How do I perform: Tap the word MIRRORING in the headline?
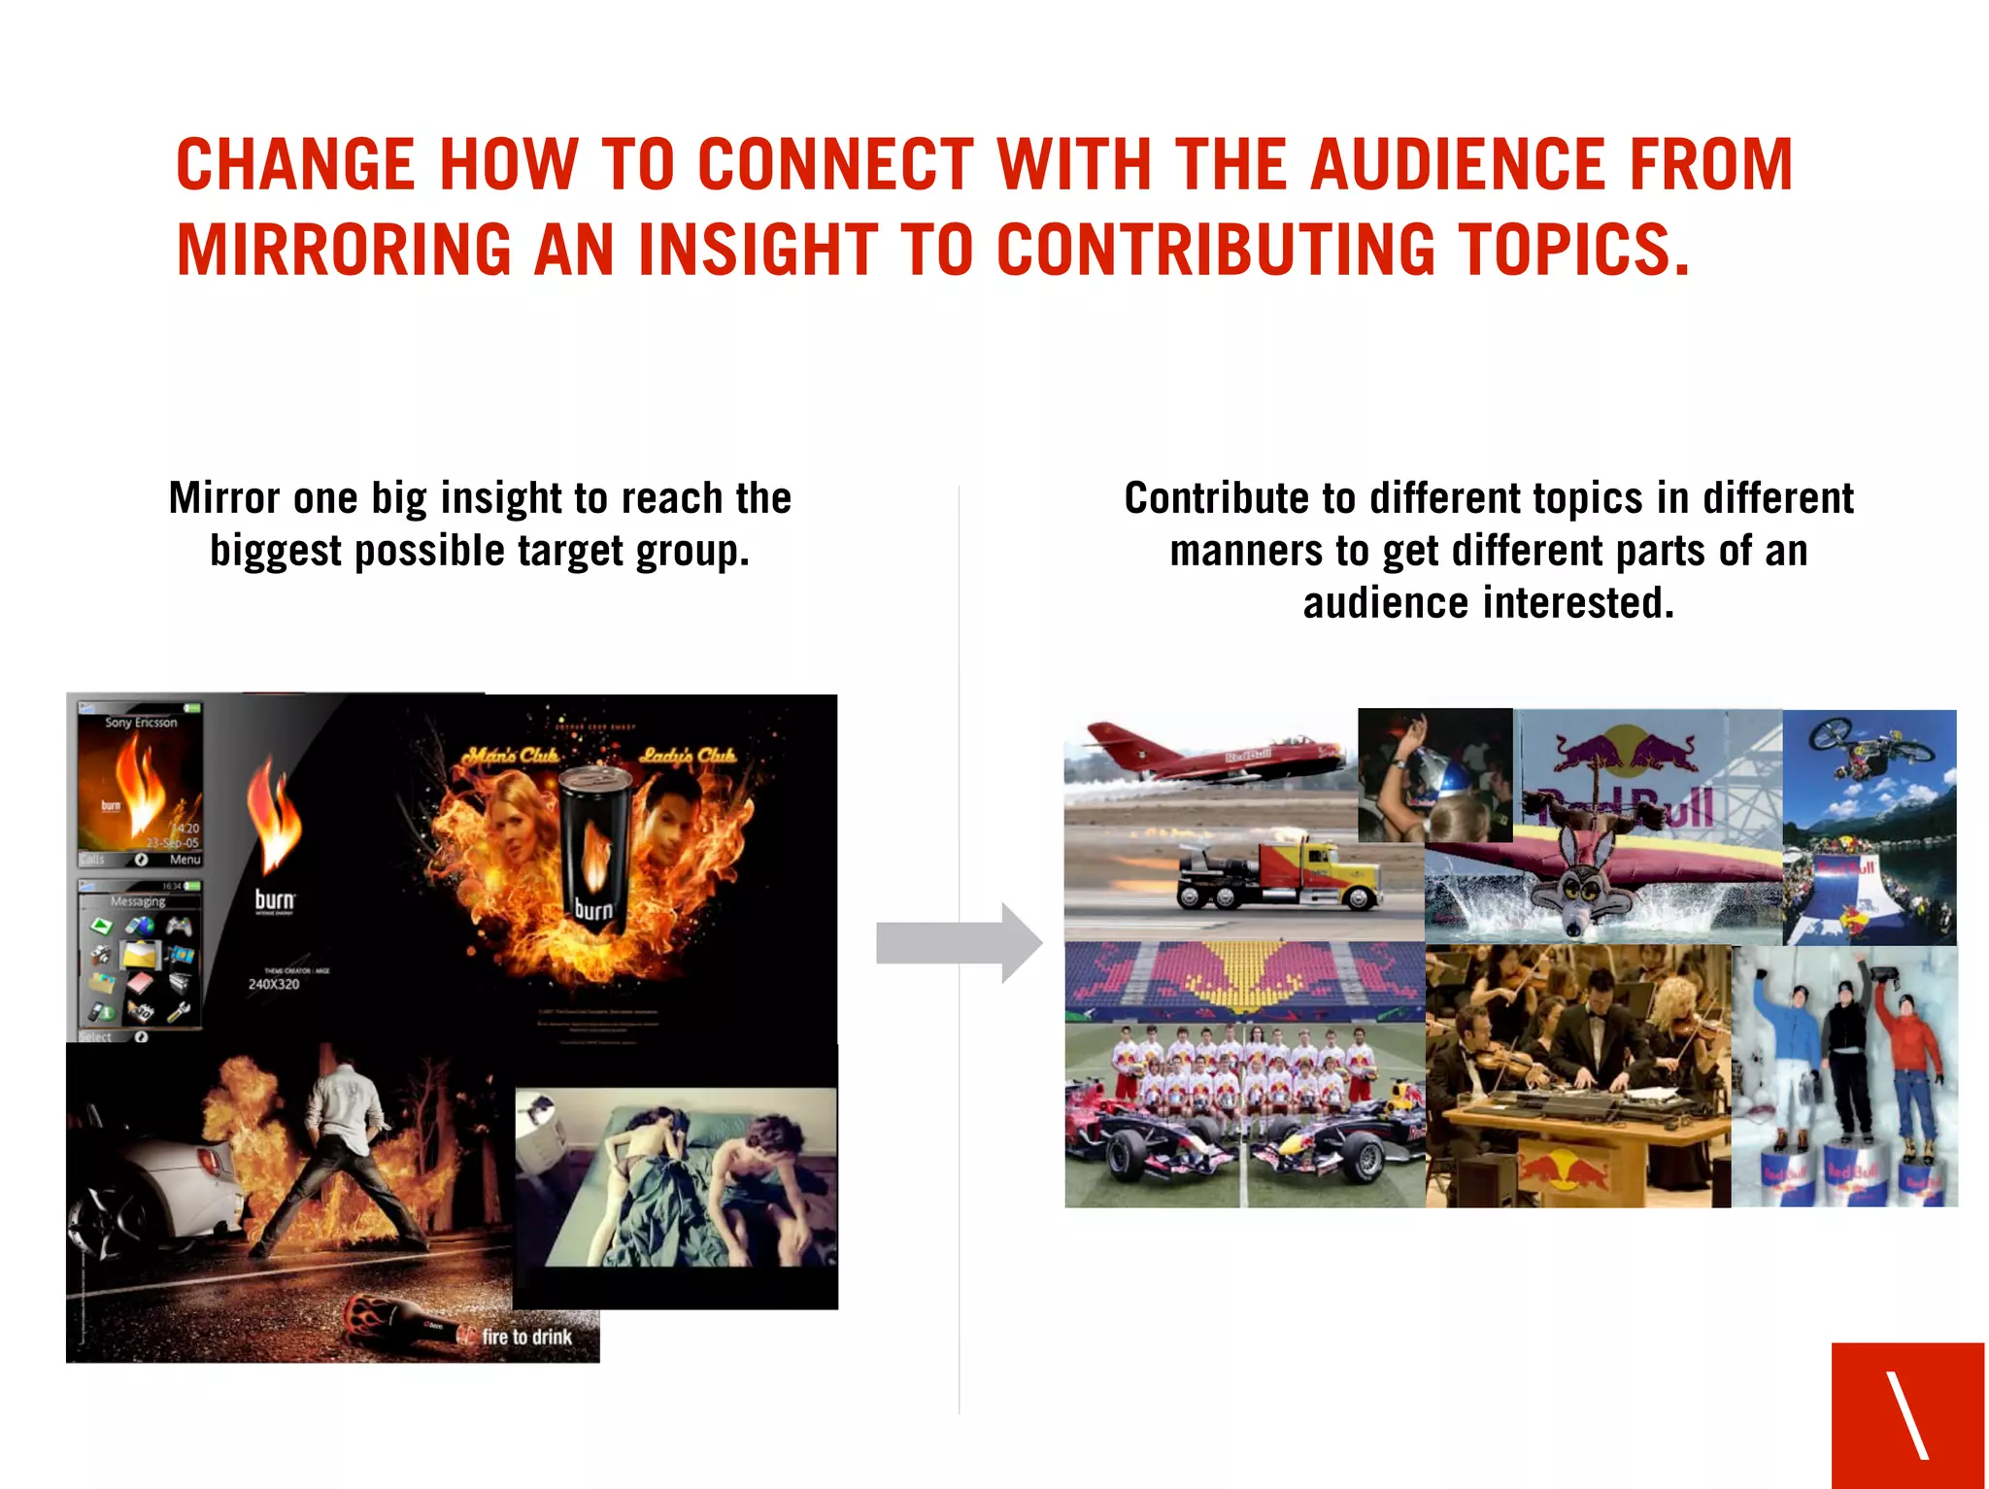click(x=344, y=251)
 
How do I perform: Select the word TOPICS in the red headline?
click(x=1573, y=251)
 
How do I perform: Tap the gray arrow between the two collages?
click(x=958, y=943)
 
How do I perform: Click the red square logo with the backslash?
click(x=1907, y=1414)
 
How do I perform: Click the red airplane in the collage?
click(x=1214, y=754)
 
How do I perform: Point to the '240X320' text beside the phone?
click(x=274, y=984)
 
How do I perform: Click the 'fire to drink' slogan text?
click(x=526, y=1337)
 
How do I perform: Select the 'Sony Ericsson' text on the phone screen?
click(x=141, y=723)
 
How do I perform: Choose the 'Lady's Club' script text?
click(x=688, y=756)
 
